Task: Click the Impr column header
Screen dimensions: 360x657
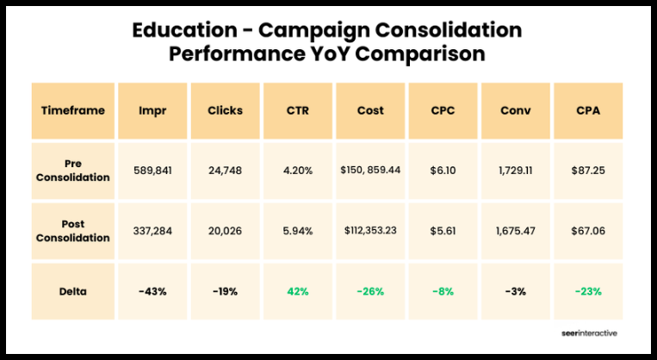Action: click(x=152, y=111)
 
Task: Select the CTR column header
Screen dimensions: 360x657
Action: click(x=298, y=111)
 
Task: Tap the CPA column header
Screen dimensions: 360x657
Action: click(x=589, y=111)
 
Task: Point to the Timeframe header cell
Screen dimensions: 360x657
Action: click(x=73, y=111)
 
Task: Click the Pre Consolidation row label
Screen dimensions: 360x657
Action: click(x=73, y=171)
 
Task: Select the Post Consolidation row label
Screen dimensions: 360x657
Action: click(x=73, y=230)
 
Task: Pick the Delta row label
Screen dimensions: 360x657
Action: click(x=73, y=291)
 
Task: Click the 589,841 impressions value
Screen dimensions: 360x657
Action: click(x=152, y=171)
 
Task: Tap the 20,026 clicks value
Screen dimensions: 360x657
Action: click(x=225, y=230)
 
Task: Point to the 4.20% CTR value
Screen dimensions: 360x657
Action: click(x=298, y=171)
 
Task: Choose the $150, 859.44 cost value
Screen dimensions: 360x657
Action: click(x=370, y=171)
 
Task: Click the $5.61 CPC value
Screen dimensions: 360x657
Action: click(x=443, y=230)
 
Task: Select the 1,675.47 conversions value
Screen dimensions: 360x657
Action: click(x=516, y=230)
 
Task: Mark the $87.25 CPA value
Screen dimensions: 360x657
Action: click(x=589, y=171)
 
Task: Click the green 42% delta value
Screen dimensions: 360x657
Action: click(x=298, y=291)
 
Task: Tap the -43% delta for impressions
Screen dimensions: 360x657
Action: click(x=152, y=291)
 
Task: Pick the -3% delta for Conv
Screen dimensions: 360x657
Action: click(x=516, y=291)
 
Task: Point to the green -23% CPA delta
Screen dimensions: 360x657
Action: click(x=589, y=291)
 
